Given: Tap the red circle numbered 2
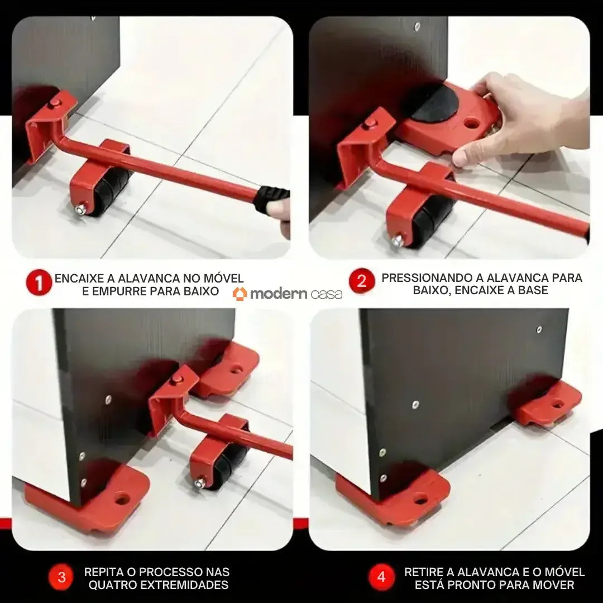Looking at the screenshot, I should pos(361,281).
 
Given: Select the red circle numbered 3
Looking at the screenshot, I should pos(61,577).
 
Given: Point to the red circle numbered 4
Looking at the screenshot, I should pos(381,577).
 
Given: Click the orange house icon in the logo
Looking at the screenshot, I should pos(240,294).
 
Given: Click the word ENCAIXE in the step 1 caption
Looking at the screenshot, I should pos(75,278).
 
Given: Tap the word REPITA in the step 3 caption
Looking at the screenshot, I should pos(102,572).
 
